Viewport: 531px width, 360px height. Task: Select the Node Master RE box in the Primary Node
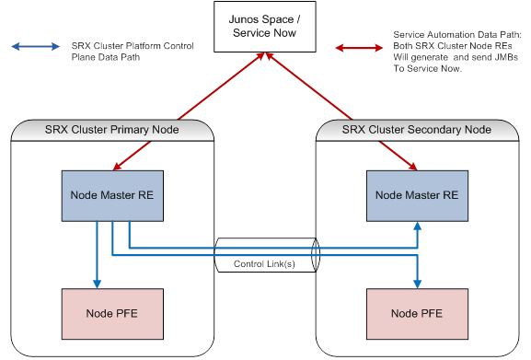(112, 194)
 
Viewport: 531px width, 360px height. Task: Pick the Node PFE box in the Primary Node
(112, 313)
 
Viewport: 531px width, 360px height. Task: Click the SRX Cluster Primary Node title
(112, 130)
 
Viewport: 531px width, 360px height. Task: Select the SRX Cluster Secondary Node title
(417, 130)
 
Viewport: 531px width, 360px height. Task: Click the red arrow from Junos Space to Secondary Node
(341, 111)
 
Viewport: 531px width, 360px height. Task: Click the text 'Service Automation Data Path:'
(454, 34)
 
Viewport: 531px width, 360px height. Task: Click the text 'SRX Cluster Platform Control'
(133, 45)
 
